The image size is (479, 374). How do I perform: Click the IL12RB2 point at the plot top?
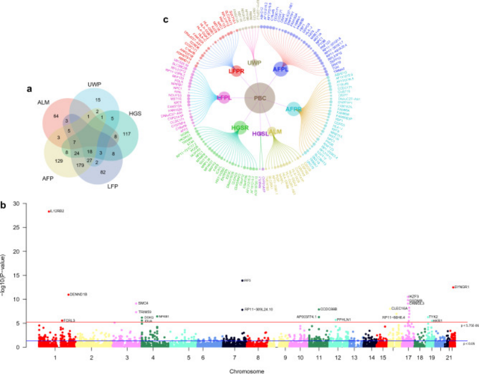pyautogui.click(x=49, y=211)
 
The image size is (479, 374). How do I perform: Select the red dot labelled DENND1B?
pyautogui.click(x=68, y=294)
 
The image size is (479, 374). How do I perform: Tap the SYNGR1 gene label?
pyautogui.click(x=462, y=287)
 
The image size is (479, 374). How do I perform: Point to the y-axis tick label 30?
pyautogui.click(x=24, y=204)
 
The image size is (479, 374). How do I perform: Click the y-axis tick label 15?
pyautogui.click(x=24, y=275)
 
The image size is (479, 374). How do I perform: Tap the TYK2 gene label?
pyautogui.click(x=433, y=316)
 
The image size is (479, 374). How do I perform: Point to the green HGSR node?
pyautogui.click(x=239, y=127)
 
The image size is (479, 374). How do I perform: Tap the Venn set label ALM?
pyautogui.click(x=44, y=102)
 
